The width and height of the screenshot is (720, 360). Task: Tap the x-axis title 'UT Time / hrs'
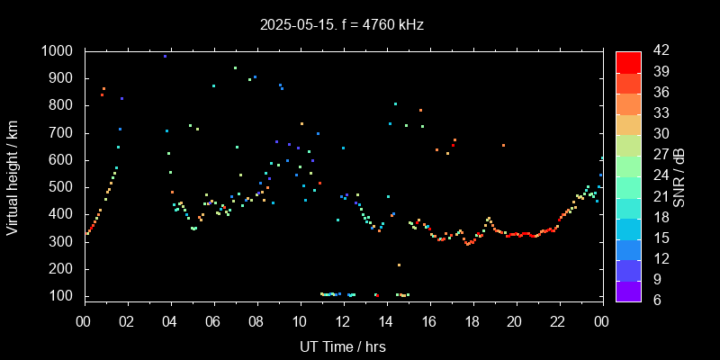(x=343, y=346)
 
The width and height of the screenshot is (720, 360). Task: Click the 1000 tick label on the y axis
(x=59, y=51)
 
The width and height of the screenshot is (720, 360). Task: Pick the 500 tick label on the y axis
(x=64, y=187)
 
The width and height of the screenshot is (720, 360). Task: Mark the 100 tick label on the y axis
(x=64, y=296)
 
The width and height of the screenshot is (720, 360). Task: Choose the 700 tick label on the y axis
(x=64, y=133)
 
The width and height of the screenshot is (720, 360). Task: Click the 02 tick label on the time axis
(x=127, y=322)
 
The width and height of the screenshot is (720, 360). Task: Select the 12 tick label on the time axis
(x=343, y=322)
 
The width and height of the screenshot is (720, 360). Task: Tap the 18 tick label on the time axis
(x=472, y=322)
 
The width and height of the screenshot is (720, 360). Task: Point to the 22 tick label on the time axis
(x=558, y=322)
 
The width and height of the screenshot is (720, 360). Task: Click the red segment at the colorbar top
(x=628, y=61)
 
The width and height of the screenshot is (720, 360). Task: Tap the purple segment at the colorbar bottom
(x=628, y=290)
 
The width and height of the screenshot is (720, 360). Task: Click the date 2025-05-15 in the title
(x=297, y=25)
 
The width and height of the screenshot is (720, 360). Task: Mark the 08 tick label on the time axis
(x=256, y=322)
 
